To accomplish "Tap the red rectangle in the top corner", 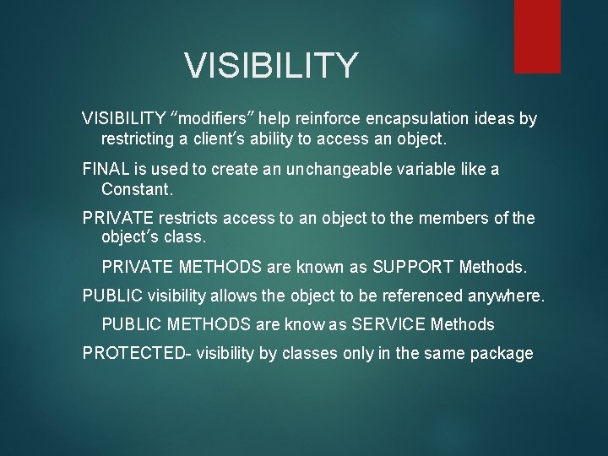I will tap(537, 35).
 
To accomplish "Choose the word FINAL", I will tap(106, 170).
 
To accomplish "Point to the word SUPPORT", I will tap(412, 268).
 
